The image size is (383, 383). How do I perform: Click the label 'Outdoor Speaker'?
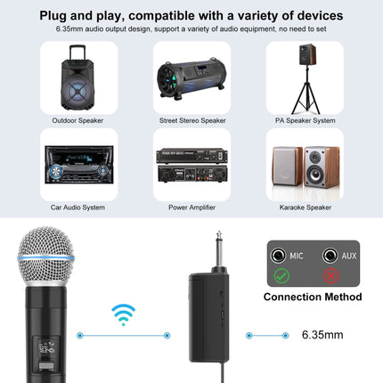pyautogui.click(x=78, y=120)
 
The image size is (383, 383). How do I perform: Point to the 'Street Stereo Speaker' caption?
pyautogui.click(x=191, y=120)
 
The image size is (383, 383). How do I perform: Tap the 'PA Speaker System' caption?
pyautogui.click(x=305, y=120)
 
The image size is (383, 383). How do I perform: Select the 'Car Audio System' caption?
pyautogui.click(x=78, y=207)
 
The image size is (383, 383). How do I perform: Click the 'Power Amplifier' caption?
pyautogui.click(x=191, y=207)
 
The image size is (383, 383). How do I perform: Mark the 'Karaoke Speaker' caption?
pyautogui.click(x=305, y=207)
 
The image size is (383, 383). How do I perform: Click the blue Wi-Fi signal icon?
pyautogui.click(x=124, y=314)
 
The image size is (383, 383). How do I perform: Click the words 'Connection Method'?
pyautogui.click(x=312, y=297)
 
